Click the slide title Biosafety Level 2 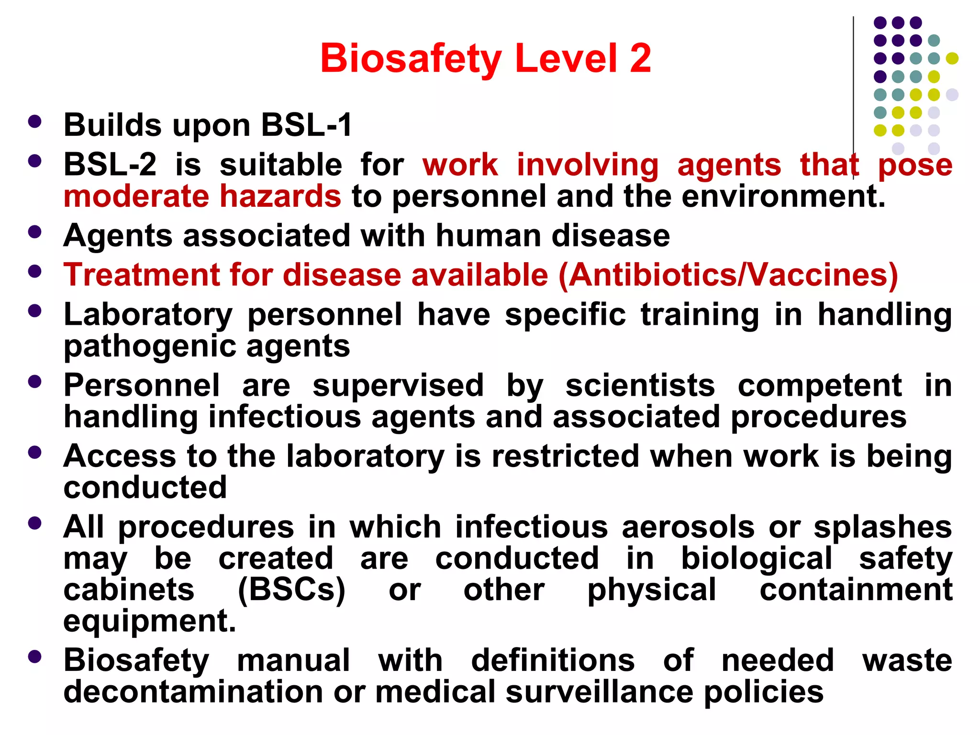[485, 58]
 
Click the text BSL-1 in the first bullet [306, 125]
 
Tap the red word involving [588, 165]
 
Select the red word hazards [280, 197]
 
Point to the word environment [783, 197]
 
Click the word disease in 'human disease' [611, 236]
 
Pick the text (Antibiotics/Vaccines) [727, 275]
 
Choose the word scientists [640, 386]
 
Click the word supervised [398, 386]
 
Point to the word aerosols [688, 527]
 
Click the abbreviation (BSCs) [291, 590]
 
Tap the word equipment [149, 621]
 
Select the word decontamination [193, 692]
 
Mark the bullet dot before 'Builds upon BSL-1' [34, 122]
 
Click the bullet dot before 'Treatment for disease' [34, 272]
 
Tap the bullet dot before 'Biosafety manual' [34, 657]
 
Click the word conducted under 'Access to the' [145, 488]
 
